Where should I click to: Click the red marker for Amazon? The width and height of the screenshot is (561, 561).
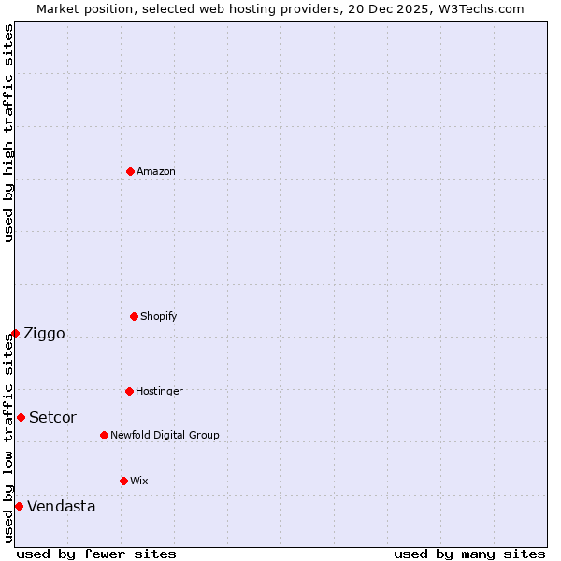[x=130, y=171]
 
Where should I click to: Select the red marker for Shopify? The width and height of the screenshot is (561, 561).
[x=134, y=316]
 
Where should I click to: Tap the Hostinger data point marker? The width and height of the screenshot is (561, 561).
[x=129, y=391]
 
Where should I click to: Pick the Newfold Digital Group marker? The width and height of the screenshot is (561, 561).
[x=104, y=435]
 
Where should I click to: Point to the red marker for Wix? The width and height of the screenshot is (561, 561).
[x=123, y=481]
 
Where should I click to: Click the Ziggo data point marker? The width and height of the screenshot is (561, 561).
[x=15, y=333]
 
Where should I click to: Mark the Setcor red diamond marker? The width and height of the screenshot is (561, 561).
[x=21, y=417]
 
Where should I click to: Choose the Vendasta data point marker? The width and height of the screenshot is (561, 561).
[x=19, y=506]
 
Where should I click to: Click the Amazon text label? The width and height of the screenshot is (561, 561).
[x=156, y=171]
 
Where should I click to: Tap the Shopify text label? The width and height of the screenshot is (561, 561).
[x=159, y=316]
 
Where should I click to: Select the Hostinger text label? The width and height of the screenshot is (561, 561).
[x=159, y=391]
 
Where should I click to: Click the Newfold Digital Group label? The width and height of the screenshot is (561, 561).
[x=165, y=435]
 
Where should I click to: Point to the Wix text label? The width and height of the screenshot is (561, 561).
[x=139, y=481]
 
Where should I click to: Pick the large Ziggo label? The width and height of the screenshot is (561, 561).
[x=44, y=334]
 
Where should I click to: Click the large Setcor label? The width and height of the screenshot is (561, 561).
[x=52, y=418]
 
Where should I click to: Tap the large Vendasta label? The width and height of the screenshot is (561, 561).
[x=61, y=507]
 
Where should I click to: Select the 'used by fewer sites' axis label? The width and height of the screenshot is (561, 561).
[x=96, y=554]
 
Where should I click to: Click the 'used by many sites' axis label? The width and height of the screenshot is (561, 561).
[x=469, y=554]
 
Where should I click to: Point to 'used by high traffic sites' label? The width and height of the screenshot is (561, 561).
[x=8, y=133]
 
